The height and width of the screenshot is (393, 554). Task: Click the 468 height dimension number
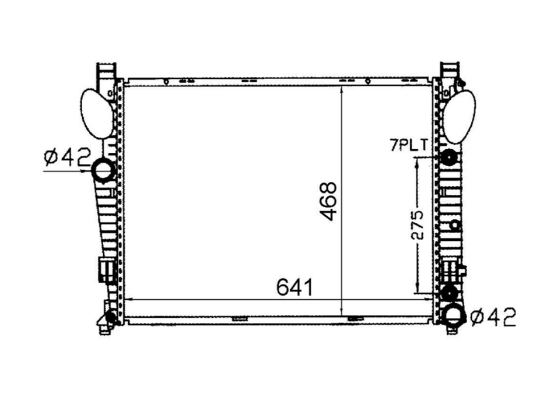[329, 201]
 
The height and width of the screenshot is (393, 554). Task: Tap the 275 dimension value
[418, 224]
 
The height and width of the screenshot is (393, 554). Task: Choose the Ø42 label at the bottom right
[493, 317]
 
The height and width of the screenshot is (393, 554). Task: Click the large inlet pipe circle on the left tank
[104, 170]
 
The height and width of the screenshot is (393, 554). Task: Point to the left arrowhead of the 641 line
[129, 299]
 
